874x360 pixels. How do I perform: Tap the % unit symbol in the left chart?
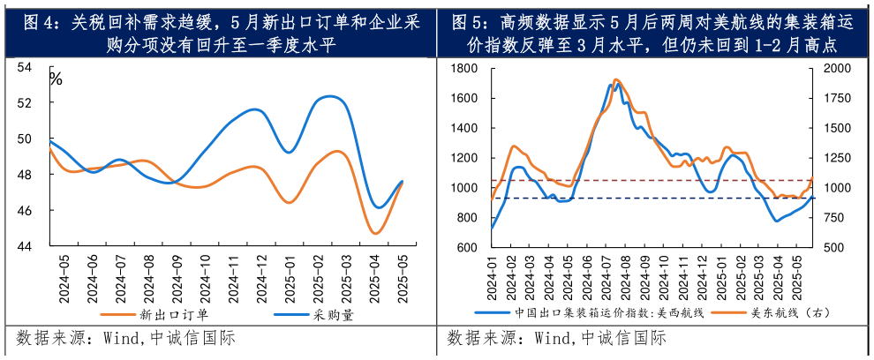(x=56, y=79)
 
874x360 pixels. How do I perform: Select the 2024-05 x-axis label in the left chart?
(x=64, y=279)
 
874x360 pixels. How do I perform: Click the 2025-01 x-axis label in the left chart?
(x=290, y=279)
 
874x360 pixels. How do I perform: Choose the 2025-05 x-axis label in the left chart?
(x=403, y=279)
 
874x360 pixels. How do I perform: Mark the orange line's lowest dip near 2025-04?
(x=375, y=234)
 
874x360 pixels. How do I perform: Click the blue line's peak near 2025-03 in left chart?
(x=330, y=96)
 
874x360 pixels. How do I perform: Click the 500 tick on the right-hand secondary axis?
(x=832, y=248)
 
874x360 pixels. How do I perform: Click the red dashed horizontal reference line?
(x=618, y=181)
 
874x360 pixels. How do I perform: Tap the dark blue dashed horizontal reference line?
(x=618, y=199)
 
